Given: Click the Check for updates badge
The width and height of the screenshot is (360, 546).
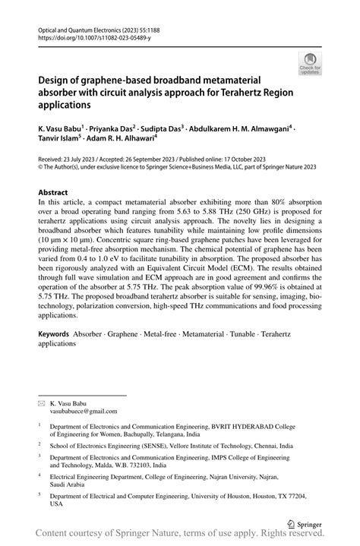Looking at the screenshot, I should tap(310, 63).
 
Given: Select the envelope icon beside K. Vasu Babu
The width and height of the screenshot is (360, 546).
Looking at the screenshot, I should tap(41, 399).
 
